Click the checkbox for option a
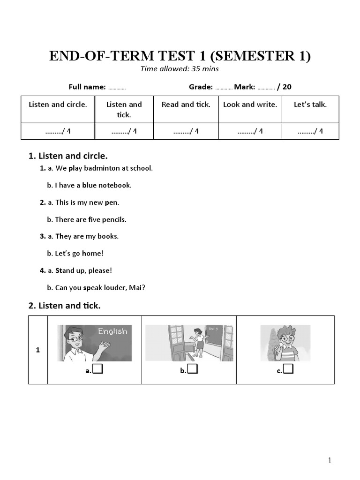(97, 370)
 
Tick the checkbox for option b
(192, 370)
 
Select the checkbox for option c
(288, 370)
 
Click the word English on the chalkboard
(112, 331)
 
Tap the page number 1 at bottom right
(330, 460)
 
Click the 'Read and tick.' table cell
(186, 105)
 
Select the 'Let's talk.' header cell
(310, 105)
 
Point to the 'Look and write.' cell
(250, 105)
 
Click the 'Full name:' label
(87, 87)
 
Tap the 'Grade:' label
(201, 87)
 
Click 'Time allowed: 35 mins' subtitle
(180, 69)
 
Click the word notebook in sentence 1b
(116, 185)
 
